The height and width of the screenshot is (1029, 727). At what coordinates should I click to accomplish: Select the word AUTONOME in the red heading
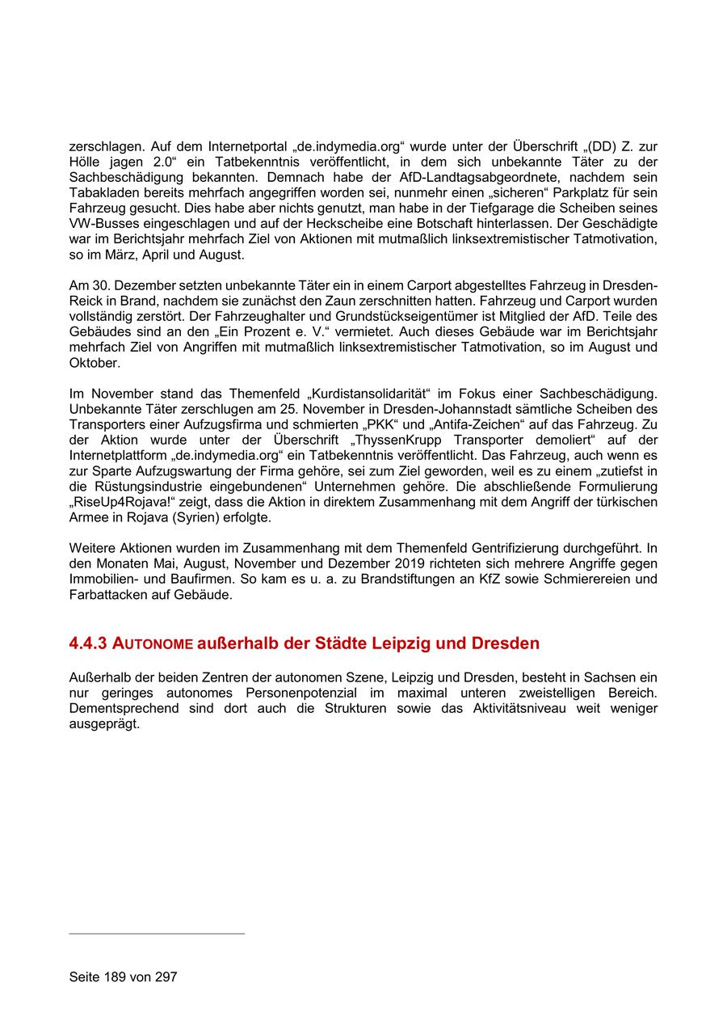(153, 645)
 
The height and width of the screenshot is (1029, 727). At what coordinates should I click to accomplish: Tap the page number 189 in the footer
(114, 976)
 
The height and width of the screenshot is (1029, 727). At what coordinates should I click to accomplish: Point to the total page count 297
(166, 976)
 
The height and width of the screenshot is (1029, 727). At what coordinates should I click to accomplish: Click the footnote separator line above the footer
(157, 934)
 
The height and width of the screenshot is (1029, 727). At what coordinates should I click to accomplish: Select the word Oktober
(94, 363)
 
